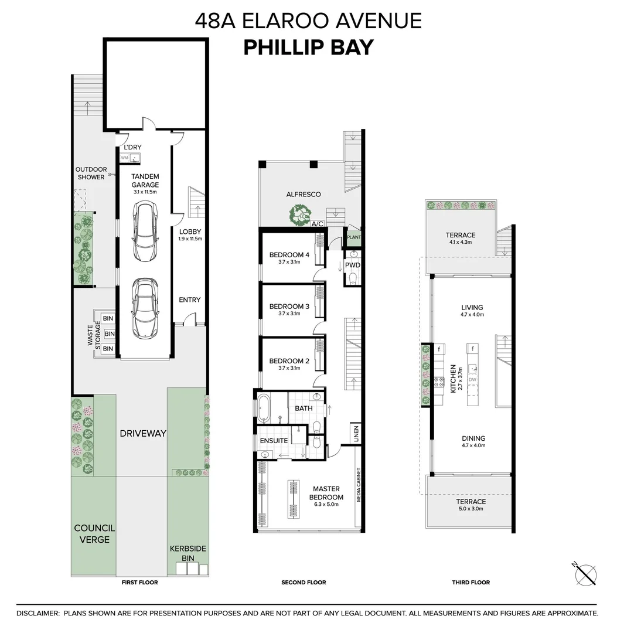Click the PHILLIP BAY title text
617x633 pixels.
point(308,47)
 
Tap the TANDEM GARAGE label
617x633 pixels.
point(145,181)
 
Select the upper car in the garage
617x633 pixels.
point(145,232)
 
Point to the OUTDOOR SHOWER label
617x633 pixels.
point(91,173)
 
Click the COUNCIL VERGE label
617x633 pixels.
point(94,533)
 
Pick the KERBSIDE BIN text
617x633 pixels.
point(188,553)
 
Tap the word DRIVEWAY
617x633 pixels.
point(143,434)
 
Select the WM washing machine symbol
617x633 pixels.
point(124,158)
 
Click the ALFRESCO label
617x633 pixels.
point(304,194)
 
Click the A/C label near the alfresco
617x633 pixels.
point(318,224)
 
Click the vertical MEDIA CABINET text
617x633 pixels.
point(357,487)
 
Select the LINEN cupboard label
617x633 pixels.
point(355,434)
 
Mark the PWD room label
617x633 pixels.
point(352,265)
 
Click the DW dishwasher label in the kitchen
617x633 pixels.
point(472,380)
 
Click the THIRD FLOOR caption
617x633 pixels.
point(471,582)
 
